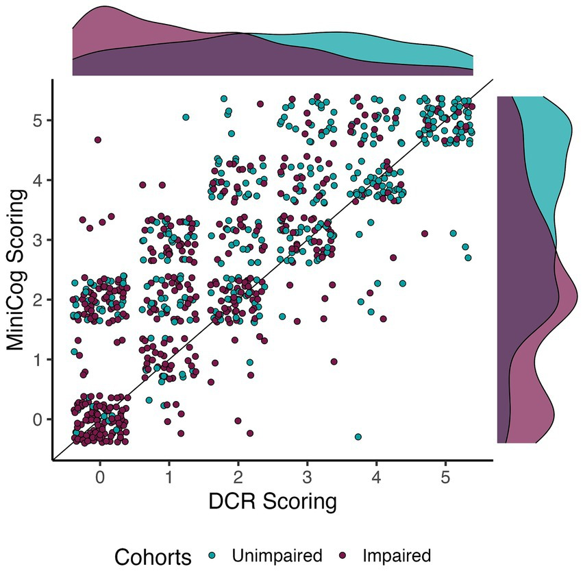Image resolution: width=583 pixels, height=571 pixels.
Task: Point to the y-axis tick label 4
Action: (39, 180)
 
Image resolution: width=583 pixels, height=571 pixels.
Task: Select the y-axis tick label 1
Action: (39, 359)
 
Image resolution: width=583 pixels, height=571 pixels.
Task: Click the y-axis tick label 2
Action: (39, 300)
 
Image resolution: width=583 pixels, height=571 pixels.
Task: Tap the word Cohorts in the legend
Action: (153, 557)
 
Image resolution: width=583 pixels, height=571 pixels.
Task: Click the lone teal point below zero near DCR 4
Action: (358, 437)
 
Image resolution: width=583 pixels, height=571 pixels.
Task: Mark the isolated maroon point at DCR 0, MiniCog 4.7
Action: (98, 140)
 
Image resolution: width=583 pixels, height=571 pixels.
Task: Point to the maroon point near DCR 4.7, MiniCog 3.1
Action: (425, 234)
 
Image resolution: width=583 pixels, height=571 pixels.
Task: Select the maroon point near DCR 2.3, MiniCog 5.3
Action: (260, 104)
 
